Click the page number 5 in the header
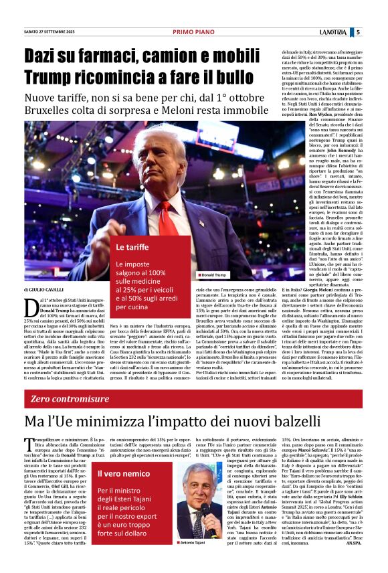point(358,31)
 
